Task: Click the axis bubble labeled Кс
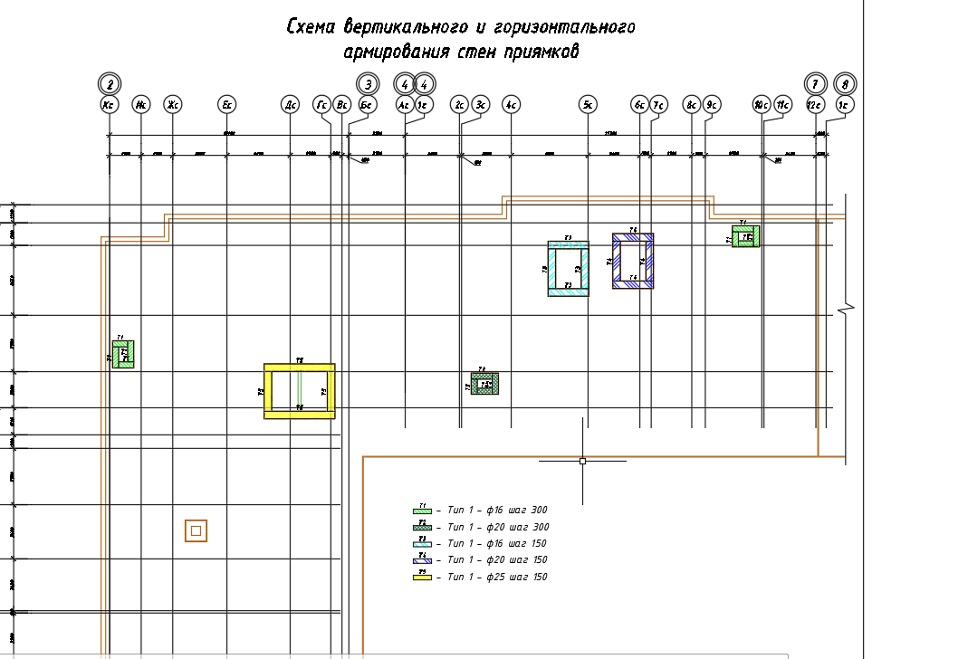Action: [110, 105]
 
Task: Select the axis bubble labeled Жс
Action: [172, 105]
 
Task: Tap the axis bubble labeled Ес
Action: [227, 105]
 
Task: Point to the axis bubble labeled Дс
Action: [290, 105]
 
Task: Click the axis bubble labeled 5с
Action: [588, 105]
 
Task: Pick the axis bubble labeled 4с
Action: [511, 105]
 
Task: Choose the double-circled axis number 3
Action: [368, 84]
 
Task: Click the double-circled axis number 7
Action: [816, 84]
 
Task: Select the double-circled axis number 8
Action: [845, 84]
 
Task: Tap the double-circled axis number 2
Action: [110, 84]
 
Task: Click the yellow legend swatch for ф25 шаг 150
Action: [422, 577]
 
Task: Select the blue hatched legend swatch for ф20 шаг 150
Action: [422, 560]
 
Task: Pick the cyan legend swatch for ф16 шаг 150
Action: [422, 543]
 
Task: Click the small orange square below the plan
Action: [196, 530]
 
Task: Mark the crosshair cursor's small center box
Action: [582, 461]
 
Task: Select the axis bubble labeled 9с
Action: [712, 105]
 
